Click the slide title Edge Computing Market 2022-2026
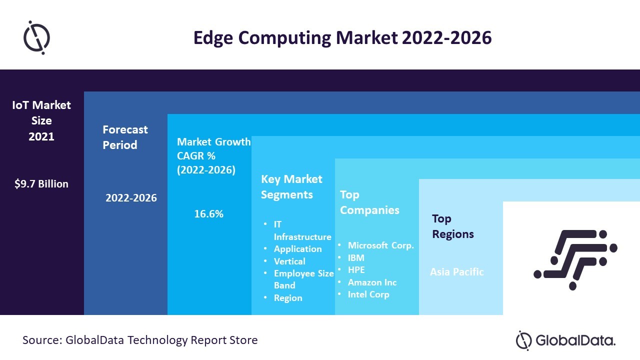342,38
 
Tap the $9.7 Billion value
41,184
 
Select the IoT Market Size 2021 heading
41,120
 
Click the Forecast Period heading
125,137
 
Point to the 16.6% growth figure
208,214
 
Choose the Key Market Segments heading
291,186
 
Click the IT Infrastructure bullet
302,230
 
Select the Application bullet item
297,249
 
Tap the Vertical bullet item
289,261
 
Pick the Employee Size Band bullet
303,279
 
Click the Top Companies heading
369,202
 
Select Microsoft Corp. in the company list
381,245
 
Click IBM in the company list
356,258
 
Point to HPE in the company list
356,270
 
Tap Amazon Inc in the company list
372,282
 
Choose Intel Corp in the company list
368,294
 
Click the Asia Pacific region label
457,272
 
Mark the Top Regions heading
453,226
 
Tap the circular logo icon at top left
37,37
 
